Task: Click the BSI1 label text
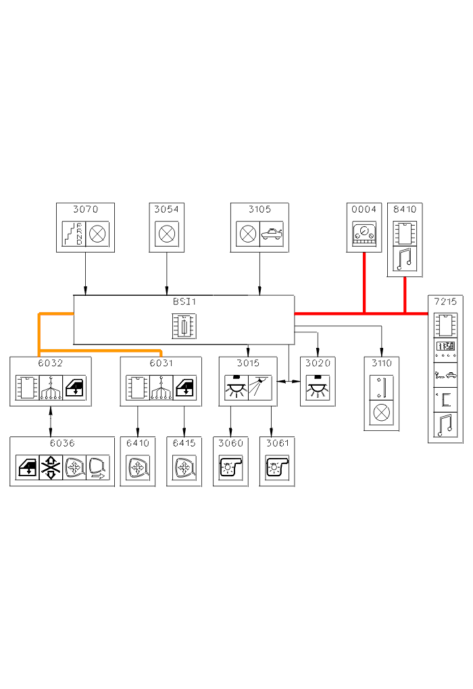point(184,302)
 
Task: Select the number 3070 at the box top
point(85,209)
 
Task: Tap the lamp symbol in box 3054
point(166,234)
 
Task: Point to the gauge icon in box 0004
point(364,234)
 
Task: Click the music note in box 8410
point(405,259)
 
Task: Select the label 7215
point(445,301)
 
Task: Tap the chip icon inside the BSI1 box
point(184,326)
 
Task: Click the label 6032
point(50,363)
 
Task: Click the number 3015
point(247,363)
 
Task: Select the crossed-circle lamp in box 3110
point(381,412)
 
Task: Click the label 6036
point(61,443)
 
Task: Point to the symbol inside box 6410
point(137,467)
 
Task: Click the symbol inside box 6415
point(184,467)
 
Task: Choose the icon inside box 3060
point(230,467)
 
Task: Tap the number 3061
point(277,443)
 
